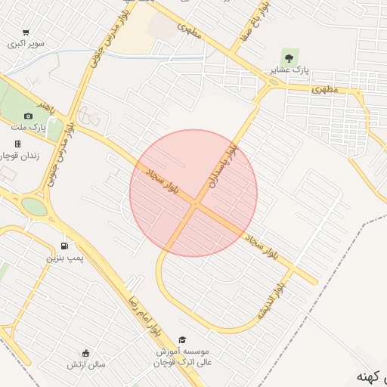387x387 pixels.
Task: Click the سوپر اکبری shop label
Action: pyautogui.click(x=26, y=44)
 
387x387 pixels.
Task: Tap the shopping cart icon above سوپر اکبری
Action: pyautogui.click(x=26, y=33)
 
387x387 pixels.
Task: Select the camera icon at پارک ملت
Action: pyautogui.click(x=28, y=116)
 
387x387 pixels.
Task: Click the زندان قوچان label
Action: pyautogui.click(x=15, y=155)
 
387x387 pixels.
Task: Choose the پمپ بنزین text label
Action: pyautogui.click(x=63, y=259)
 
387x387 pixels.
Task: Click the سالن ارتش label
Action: pyautogui.click(x=85, y=365)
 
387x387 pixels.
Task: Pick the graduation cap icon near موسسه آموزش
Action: pyautogui.click(x=181, y=340)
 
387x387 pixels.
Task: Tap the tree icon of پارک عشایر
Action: pyautogui.click(x=288, y=56)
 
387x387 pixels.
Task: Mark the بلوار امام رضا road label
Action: pyautogui.click(x=144, y=310)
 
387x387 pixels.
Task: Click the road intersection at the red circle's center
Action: pyautogui.click(x=195, y=203)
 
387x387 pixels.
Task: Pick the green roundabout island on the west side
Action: pyautogui.click(x=33, y=206)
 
